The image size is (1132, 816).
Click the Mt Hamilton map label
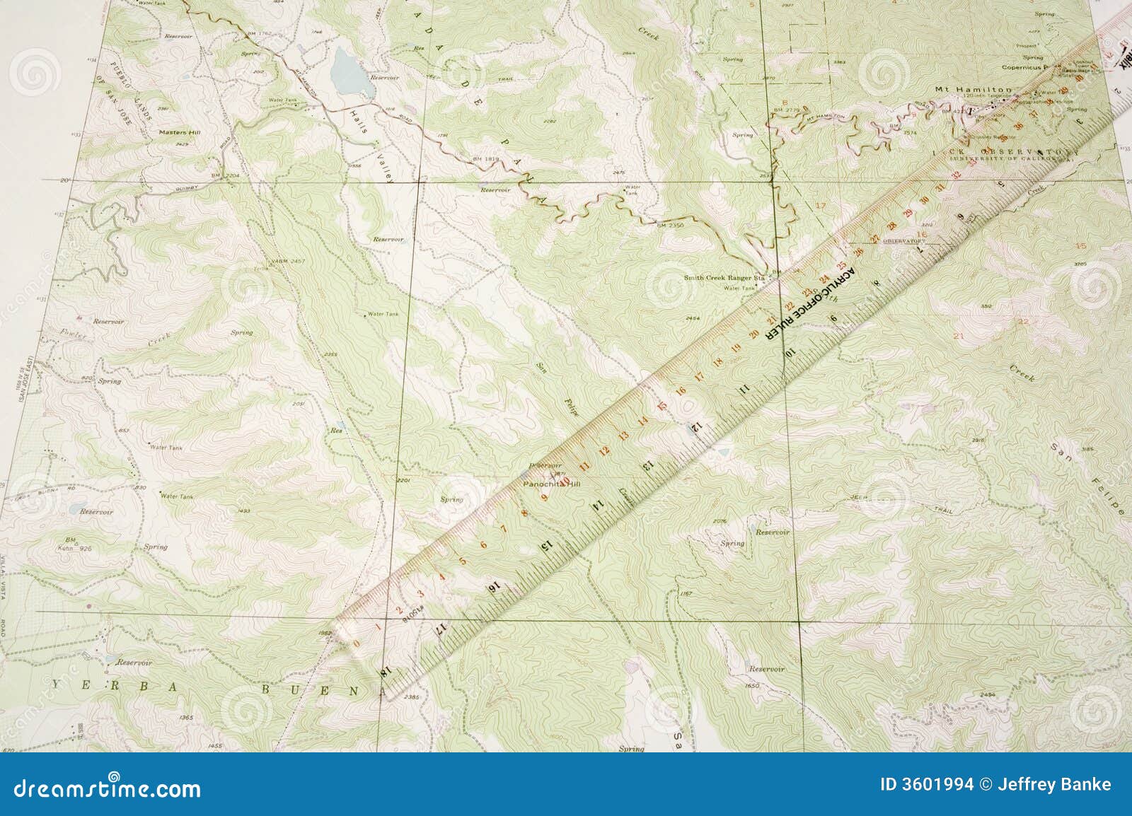(x=973, y=89)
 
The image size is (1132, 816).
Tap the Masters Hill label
(x=173, y=132)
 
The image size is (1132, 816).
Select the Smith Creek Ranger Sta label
(x=724, y=278)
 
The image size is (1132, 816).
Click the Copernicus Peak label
(x=1030, y=67)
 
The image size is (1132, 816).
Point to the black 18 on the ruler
(x=386, y=672)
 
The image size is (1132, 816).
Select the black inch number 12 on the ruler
(x=695, y=426)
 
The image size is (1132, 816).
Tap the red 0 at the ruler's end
(x=357, y=643)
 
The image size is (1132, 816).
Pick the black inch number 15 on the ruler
(x=545, y=545)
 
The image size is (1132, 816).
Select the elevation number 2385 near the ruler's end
(x=410, y=697)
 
